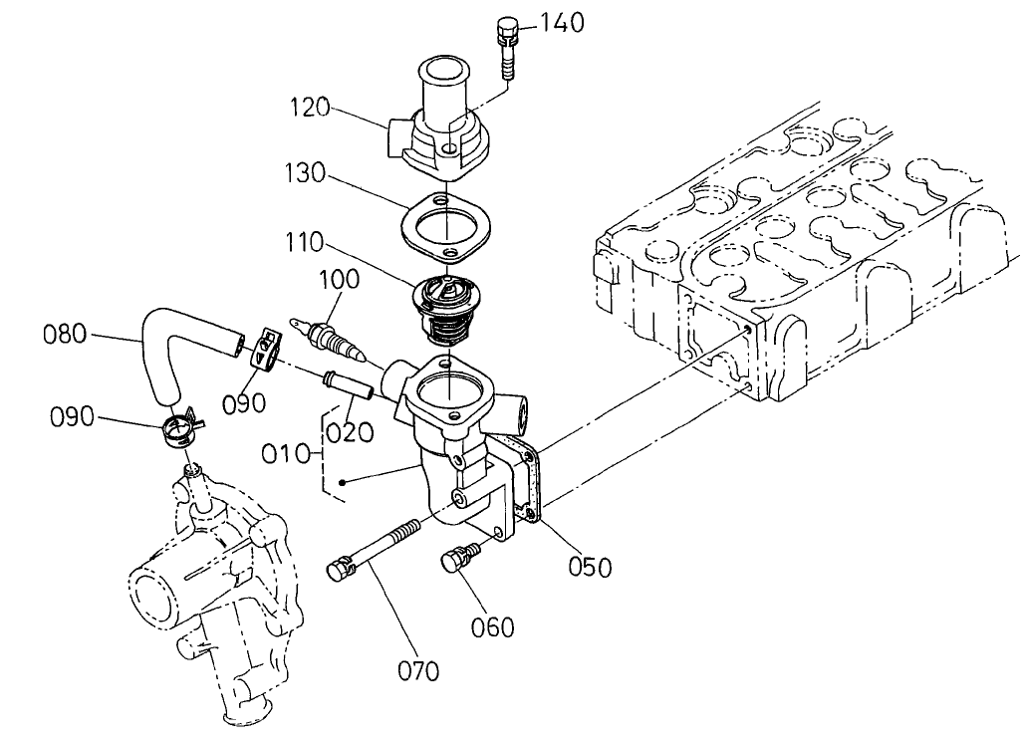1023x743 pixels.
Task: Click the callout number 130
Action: tap(304, 173)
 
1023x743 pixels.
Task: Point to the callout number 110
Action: tap(303, 241)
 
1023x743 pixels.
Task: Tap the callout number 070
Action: tap(418, 671)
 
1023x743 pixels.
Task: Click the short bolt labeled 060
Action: tap(455, 561)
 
